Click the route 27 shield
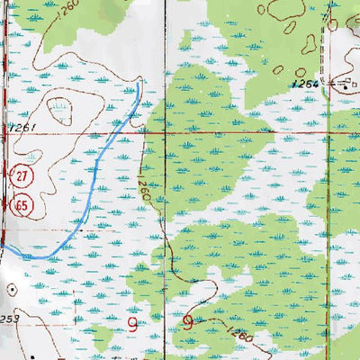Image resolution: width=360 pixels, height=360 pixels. coord(20,174)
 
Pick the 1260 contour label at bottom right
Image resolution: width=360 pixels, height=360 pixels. coord(238,336)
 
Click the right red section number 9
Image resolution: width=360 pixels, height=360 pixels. coord(188,322)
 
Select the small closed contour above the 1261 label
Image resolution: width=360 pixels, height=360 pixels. coord(60,109)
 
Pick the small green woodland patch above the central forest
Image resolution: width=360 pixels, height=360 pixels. coord(185,40)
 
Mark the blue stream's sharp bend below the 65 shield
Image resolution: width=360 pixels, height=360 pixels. coord(27,256)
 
